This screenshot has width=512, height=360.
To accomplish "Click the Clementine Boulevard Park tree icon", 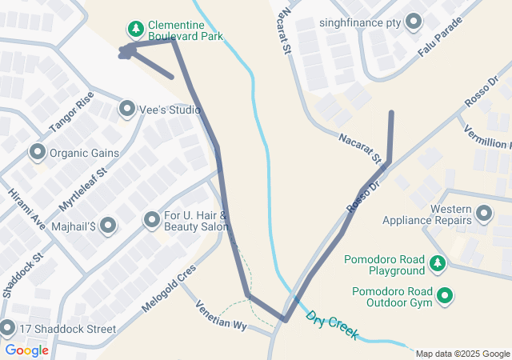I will [136, 30].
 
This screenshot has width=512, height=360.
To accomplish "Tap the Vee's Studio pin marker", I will [126, 108].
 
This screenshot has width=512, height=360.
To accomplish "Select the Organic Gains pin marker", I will [37, 152].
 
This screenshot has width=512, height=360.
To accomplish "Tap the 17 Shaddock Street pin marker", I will [8, 328].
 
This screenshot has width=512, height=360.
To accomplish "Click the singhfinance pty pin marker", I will [414, 22].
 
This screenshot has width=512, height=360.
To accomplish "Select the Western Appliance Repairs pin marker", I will [483, 214].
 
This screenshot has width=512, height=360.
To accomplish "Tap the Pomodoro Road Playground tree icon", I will [437, 263].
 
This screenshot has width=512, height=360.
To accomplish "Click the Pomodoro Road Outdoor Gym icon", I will [444, 297].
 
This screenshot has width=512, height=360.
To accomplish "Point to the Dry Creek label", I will [331, 325].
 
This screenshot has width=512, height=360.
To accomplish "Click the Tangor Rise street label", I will [71, 113].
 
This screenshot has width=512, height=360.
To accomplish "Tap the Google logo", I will [26, 350].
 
